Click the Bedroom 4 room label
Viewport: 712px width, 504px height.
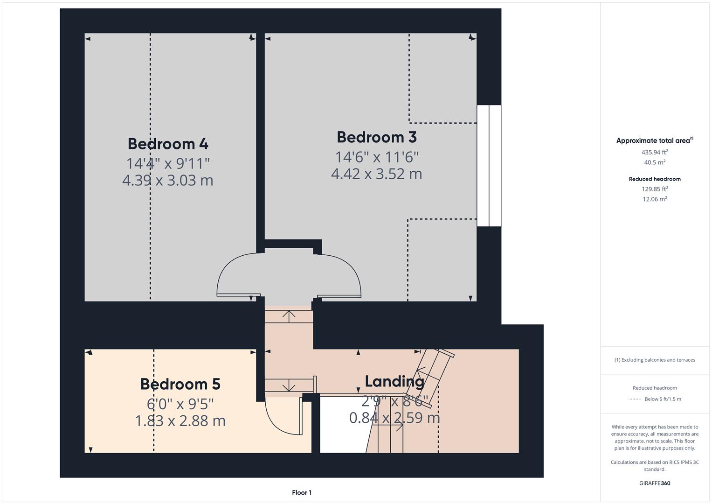click(x=168, y=144)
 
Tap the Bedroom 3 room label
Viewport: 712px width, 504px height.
click(x=377, y=137)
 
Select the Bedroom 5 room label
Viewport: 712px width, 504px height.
click(x=180, y=384)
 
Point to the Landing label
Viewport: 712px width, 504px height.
click(x=394, y=381)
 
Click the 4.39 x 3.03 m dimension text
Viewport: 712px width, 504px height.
click(x=168, y=180)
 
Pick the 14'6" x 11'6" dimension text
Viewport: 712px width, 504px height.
click(x=377, y=157)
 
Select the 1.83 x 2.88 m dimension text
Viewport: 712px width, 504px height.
click(x=180, y=420)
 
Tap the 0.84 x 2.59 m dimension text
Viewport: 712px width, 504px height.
click(x=394, y=417)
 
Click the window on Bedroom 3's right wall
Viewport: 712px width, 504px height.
click(x=489, y=166)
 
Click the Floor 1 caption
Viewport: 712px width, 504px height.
click(x=302, y=492)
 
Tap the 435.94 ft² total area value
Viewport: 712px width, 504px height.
click(x=655, y=152)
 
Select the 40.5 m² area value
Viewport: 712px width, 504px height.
click(x=655, y=162)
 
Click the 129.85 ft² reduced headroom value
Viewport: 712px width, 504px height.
click(x=655, y=189)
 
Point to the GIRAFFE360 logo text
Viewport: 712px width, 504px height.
click(x=655, y=483)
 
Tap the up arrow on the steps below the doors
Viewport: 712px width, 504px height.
click(x=289, y=316)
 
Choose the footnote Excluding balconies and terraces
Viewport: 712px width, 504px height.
click(x=655, y=360)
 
